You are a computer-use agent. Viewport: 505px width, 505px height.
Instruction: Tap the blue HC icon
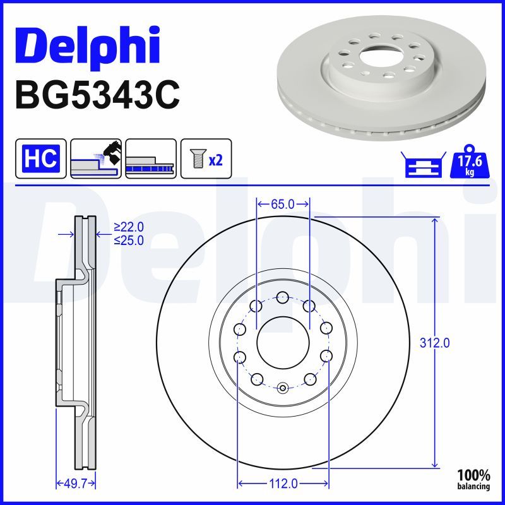pos(40,158)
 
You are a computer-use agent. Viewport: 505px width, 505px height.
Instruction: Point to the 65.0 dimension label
pos(283,204)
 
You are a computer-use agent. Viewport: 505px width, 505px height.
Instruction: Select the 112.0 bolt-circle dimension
pos(283,484)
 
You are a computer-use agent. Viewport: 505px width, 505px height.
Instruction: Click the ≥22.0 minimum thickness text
pos(129,227)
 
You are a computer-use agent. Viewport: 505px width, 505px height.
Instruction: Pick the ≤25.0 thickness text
pos(129,240)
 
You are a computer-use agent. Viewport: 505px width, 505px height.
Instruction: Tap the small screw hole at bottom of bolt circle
pos(283,388)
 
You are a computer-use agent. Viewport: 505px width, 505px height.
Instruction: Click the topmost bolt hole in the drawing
pos(283,297)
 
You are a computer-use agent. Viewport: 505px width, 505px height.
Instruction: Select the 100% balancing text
pos(473,479)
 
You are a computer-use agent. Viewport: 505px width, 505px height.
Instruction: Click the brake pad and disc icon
pos(96,158)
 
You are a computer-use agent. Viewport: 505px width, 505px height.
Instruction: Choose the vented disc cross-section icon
pos(150,158)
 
